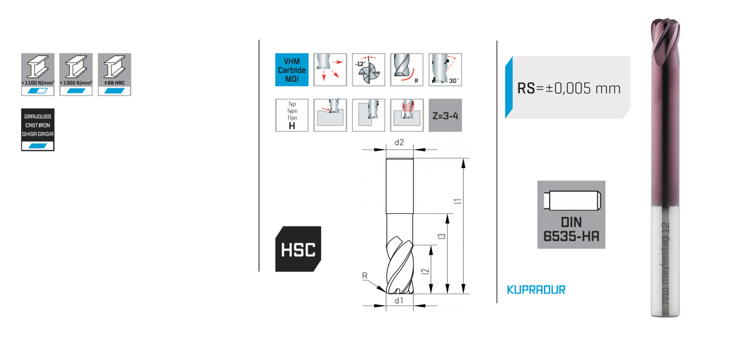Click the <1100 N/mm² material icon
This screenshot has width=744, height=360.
(37, 74)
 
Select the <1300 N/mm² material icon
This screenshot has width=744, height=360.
(76, 74)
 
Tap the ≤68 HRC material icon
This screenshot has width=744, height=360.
(114, 74)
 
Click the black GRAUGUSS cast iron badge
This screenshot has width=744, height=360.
(37, 129)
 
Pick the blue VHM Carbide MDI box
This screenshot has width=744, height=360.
(292, 70)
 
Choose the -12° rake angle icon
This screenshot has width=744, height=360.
(368, 70)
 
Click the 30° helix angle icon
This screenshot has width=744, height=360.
(445, 70)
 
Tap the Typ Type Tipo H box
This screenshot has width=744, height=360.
(292, 115)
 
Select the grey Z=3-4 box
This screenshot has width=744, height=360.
(445, 115)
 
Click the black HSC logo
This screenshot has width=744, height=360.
(298, 249)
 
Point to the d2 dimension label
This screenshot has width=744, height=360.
(400, 143)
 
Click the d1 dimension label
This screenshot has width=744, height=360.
(400, 301)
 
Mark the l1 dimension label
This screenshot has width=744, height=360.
(456, 202)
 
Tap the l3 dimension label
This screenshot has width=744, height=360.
(441, 236)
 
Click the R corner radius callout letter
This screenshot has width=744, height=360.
(365, 276)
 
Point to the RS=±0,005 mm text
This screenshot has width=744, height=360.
(568, 88)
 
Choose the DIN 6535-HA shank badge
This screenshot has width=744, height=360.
(571, 215)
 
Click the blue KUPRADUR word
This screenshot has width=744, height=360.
(536, 290)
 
